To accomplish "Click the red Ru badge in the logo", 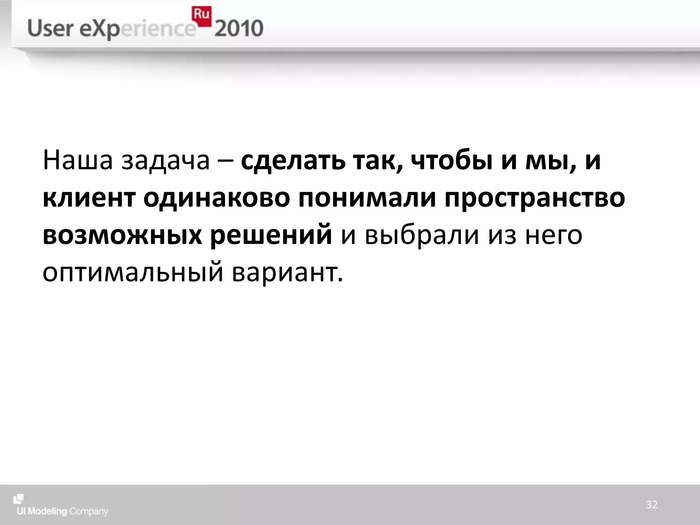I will pos(202,16).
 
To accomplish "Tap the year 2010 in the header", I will pos(239,29).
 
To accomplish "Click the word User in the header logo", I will pos(50,28).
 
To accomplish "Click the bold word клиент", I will pos(89,198).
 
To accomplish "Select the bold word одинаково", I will pos(217,199).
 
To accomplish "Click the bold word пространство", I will pos(535,199).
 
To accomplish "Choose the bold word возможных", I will pos(122,235).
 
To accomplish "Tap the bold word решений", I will pos(271,235).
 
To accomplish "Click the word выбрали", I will pos(422,235).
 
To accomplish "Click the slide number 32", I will pos(651,505).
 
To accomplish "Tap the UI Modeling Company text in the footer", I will pos(63,511).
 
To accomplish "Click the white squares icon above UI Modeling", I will pos(18,499).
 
